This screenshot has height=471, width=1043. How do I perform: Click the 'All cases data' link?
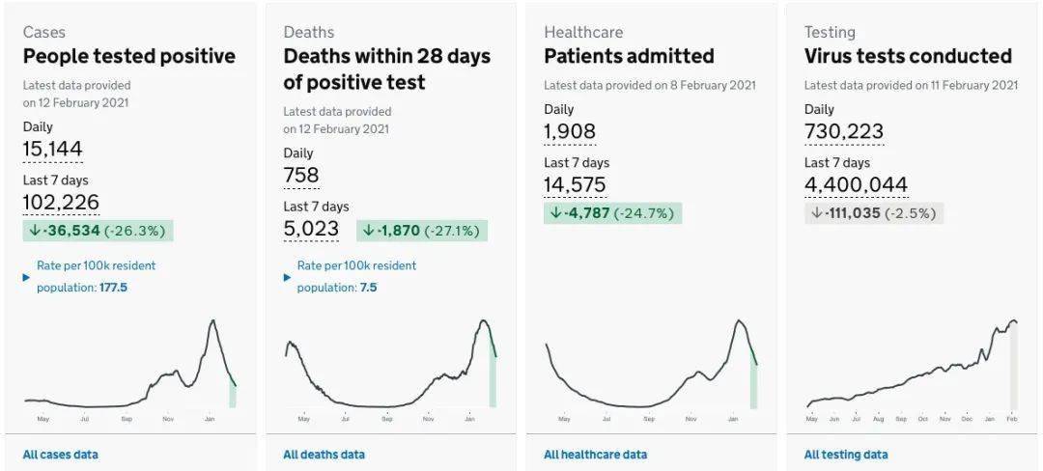coord(60,455)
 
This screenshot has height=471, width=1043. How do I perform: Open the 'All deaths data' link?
coord(324,455)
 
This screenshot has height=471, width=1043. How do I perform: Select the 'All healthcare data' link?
coord(595,455)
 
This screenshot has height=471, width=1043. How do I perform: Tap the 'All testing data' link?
coord(846,455)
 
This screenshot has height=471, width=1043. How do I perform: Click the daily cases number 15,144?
coord(52,149)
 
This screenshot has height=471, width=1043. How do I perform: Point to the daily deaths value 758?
coord(300,176)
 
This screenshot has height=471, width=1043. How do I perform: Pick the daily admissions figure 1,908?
coord(570,132)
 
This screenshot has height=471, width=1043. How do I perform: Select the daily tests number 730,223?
coord(843,132)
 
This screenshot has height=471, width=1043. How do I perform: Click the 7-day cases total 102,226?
coord(61,202)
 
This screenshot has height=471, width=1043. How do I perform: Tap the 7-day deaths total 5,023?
coord(311,229)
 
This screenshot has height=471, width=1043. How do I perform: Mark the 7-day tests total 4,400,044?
coord(856,185)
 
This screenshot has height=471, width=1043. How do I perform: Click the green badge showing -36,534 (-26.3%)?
coord(98,231)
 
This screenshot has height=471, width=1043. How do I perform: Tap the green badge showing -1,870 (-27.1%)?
coord(422,231)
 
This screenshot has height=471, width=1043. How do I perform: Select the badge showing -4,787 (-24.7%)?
coord(612,213)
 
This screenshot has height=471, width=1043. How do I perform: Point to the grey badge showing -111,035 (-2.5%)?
coord(873,213)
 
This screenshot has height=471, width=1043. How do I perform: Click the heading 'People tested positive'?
coord(128,56)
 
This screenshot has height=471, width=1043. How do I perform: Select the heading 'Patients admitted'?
coord(629,56)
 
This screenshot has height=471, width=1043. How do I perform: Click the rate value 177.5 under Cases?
coord(113,288)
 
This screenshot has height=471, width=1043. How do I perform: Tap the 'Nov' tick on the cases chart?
coord(168,420)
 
